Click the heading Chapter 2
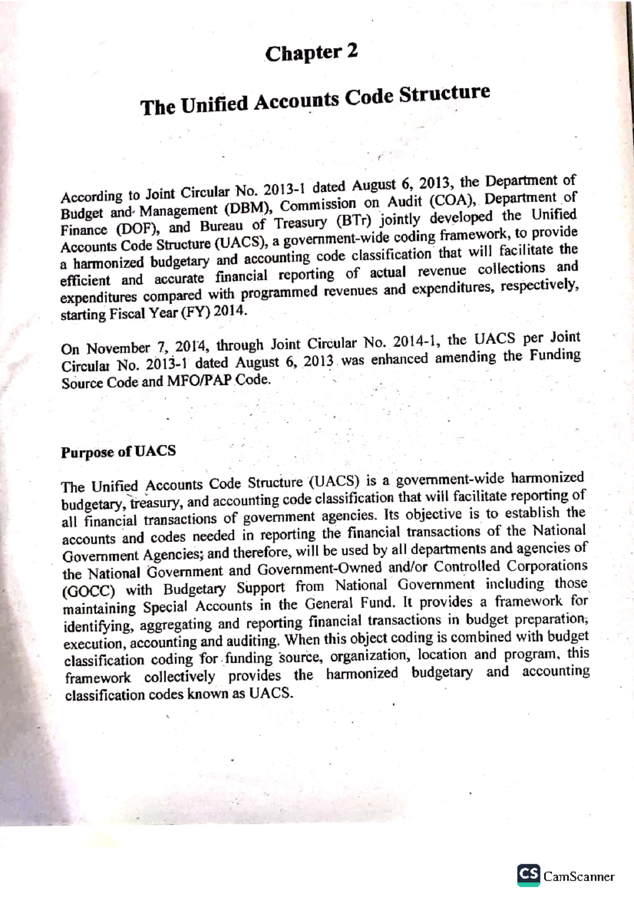click(311, 53)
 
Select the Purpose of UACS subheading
click(118, 452)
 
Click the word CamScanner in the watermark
click(579, 876)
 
